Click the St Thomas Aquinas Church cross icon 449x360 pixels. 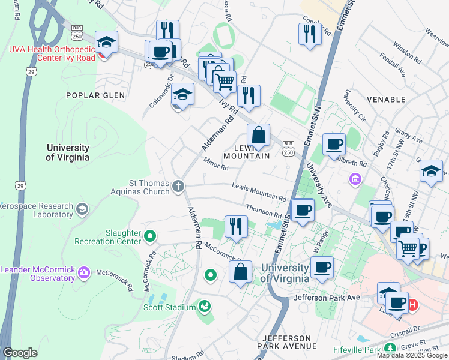pos(178,186)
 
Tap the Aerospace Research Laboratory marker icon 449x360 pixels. pos(82,209)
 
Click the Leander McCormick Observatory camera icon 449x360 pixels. pos(83,272)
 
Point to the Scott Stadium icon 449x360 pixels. pos(205,307)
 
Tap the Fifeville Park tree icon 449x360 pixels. pos(390,349)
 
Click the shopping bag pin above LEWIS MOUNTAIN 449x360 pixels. pos(258,135)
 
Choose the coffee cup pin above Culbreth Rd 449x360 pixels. pos(334,145)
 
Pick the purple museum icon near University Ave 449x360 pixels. pos(355,179)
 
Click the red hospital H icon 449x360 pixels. pos(412,305)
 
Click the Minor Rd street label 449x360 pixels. pos(213,161)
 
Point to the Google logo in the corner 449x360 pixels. pos(20,353)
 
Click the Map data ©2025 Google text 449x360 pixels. pos(412,355)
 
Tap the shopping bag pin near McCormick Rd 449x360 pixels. pos(240,272)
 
